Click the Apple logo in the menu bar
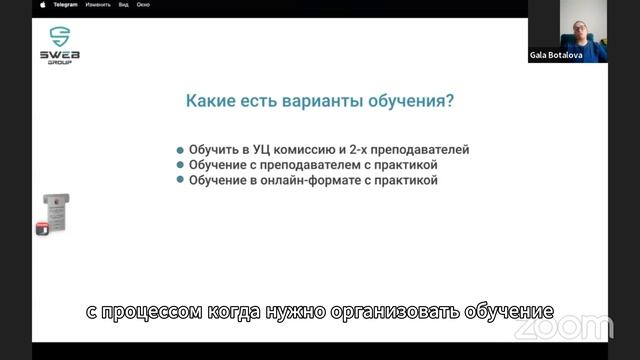[42, 4]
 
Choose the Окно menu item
[143, 4]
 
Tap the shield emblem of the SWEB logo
[60, 33]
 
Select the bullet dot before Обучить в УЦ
[180, 150]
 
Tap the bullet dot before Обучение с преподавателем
[180, 165]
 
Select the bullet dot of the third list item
[180, 181]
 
